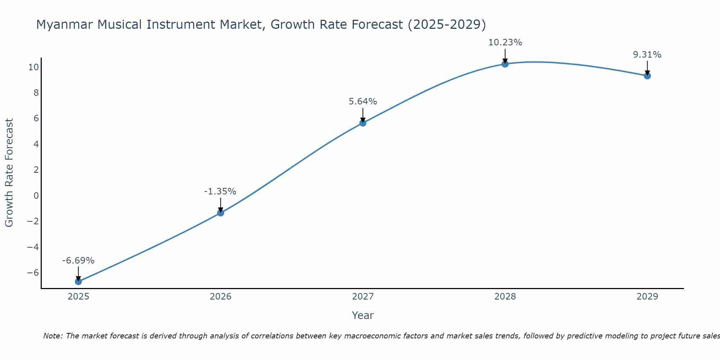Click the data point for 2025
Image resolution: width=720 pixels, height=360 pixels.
click(78, 282)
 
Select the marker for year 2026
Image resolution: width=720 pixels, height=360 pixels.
click(221, 213)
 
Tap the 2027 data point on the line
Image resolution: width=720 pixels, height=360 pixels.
click(363, 123)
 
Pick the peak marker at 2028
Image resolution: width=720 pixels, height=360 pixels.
click(505, 64)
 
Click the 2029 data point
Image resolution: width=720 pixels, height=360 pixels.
click(647, 76)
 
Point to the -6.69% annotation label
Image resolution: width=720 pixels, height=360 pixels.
click(78, 261)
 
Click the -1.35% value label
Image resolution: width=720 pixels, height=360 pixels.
click(220, 192)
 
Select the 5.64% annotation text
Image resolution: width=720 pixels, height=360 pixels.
click(363, 102)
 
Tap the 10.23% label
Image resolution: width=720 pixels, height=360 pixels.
click(505, 42)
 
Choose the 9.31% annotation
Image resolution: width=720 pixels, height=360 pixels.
click(647, 55)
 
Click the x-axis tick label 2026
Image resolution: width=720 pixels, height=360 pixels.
click(221, 297)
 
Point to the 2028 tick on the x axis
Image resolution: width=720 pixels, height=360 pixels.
click(505, 297)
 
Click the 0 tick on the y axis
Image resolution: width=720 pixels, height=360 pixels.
click(36, 195)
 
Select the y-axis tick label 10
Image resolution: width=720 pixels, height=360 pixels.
click(34, 67)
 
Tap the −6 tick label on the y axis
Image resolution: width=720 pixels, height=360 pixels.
click(33, 273)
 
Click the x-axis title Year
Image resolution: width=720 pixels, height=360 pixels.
click(363, 315)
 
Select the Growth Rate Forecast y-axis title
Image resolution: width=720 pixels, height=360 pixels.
click(9, 173)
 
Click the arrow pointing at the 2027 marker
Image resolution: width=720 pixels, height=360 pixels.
click(363, 115)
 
